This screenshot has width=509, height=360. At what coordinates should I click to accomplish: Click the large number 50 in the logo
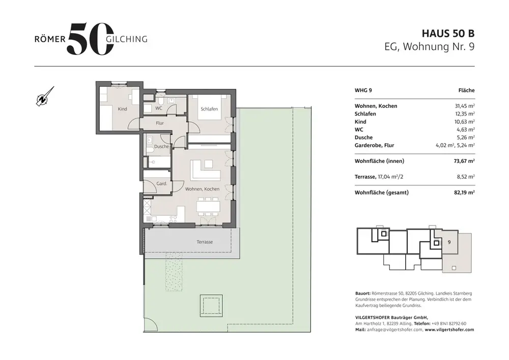click(x=90, y=39)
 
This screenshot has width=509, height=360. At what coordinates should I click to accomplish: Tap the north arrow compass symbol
click(x=45, y=97)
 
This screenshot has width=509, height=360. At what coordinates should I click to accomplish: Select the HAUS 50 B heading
click(x=448, y=34)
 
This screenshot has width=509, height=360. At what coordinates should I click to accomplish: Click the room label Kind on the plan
click(x=122, y=109)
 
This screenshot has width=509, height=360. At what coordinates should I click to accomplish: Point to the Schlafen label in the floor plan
click(x=209, y=109)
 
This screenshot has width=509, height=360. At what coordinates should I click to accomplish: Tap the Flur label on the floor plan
click(x=160, y=123)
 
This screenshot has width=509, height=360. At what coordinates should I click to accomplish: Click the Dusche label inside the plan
click(x=162, y=147)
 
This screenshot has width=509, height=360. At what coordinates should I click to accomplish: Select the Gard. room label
click(x=162, y=183)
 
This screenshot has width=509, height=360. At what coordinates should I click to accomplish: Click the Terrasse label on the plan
click(x=205, y=242)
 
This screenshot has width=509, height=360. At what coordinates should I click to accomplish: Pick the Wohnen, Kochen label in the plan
click(x=202, y=189)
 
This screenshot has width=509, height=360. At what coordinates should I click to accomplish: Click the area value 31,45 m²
click(x=465, y=106)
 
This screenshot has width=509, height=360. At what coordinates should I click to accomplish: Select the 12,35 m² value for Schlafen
click(x=465, y=114)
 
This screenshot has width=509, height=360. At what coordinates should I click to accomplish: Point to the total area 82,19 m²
click(x=464, y=192)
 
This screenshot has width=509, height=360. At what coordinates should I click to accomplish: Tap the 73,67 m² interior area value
click(x=464, y=161)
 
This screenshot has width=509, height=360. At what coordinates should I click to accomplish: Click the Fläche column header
click(x=466, y=90)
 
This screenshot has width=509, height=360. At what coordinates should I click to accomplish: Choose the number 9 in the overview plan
click(x=449, y=242)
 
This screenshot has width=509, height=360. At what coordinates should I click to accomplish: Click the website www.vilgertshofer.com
click(x=449, y=329)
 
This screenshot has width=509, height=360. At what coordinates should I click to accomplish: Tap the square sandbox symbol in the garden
click(x=211, y=306)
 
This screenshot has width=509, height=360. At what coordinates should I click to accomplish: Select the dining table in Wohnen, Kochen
click(x=208, y=207)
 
